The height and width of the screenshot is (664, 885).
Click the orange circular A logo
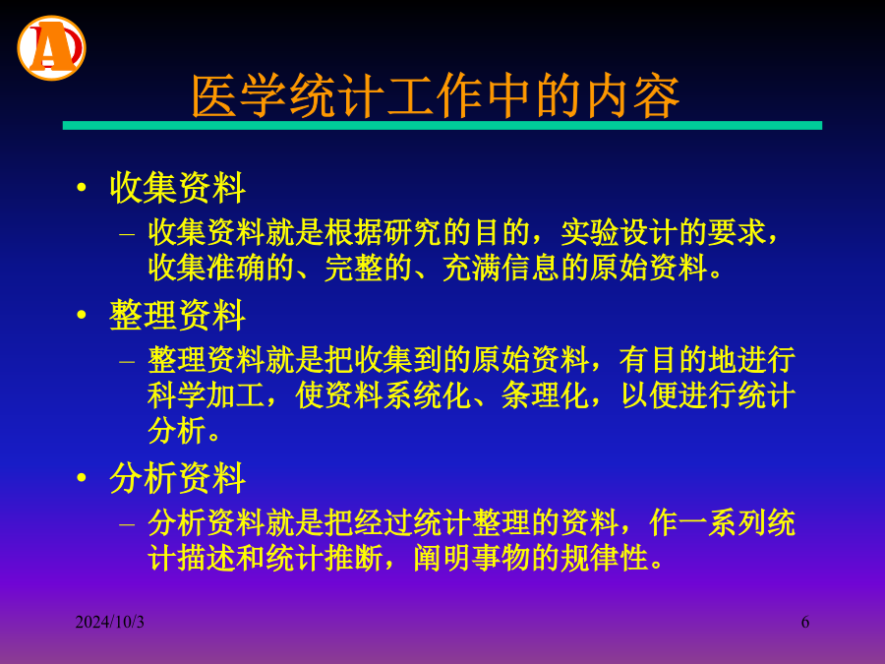pyautogui.click(x=51, y=48)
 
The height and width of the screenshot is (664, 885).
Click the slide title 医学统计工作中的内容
pyautogui.click(x=436, y=96)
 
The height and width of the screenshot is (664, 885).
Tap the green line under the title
pyautogui.click(x=442, y=125)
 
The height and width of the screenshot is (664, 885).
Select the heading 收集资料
pyautogui.click(x=177, y=188)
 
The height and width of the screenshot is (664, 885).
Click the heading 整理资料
pyautogui.click(x=177, y=315)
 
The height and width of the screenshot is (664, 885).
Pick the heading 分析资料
pyautogui.click(x=177, y=478)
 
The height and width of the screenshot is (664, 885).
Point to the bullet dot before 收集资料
pyautogui.click(x=82, y=187)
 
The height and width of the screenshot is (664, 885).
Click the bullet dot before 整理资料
pyautogui.click(x=82, y=314)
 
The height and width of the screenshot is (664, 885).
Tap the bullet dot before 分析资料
pyautogui.click(x=82, y=477)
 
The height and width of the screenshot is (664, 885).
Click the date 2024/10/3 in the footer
pyautogui.click(x=109, y=622)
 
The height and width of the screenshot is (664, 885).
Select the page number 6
pyautogui.click(x=804, y=622)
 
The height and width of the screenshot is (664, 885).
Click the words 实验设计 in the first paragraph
pyautogui.click(x=619, y=232)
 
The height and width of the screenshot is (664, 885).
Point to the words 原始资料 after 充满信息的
pyautogui.click(x=649, y=268)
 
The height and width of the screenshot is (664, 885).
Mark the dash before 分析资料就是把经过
pyautogui.click(x=127, y=524)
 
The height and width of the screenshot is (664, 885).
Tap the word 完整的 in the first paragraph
pyautogui.click(x=368, y=268)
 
